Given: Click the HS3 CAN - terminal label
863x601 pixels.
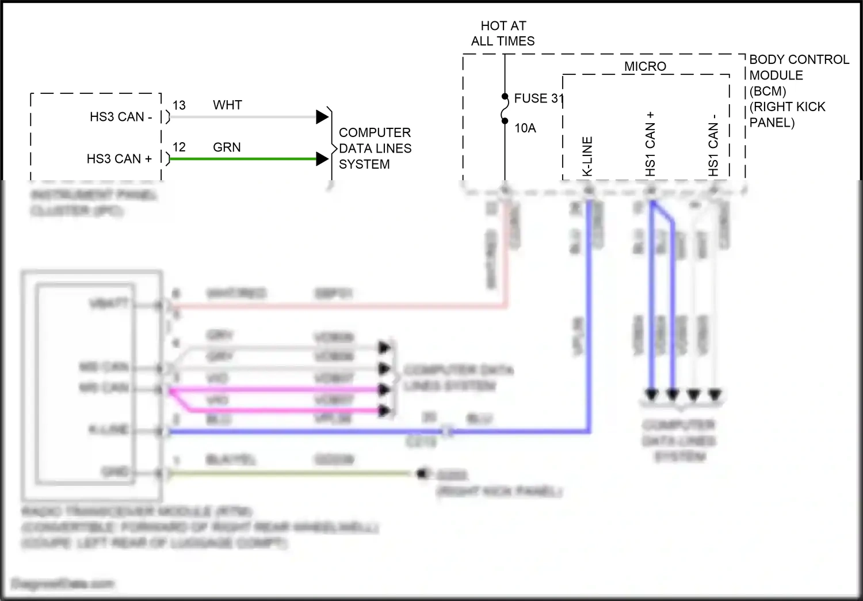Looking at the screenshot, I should coord(121,117).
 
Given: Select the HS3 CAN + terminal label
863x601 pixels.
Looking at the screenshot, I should coord(119,159).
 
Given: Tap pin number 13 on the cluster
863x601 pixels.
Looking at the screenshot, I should coord(179,105).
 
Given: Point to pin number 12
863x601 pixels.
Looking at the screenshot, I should coord(179,147).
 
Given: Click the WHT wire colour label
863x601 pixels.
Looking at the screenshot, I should coord(227,105).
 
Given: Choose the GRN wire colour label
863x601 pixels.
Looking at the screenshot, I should coord(227,147).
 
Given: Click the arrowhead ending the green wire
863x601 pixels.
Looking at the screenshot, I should coord(322,159).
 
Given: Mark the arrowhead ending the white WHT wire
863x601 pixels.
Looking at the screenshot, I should coord(322,117).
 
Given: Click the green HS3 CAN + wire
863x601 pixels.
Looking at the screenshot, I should coord(242,159).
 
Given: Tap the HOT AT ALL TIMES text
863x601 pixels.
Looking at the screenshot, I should coord(503,33).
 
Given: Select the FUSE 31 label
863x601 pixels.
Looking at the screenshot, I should coord(539,98).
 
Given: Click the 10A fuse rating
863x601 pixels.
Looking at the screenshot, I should coord(525,128).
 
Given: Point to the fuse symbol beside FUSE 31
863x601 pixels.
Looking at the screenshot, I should coord(505,109).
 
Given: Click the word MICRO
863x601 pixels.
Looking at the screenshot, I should coord(645,67).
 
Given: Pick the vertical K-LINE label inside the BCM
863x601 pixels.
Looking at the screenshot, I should coord(587,156).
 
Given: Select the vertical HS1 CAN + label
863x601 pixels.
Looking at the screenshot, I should coord(650,144).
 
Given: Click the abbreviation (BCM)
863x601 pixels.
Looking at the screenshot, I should coord(767,91).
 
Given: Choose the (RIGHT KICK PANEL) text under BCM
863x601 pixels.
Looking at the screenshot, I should coord(787,115).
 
